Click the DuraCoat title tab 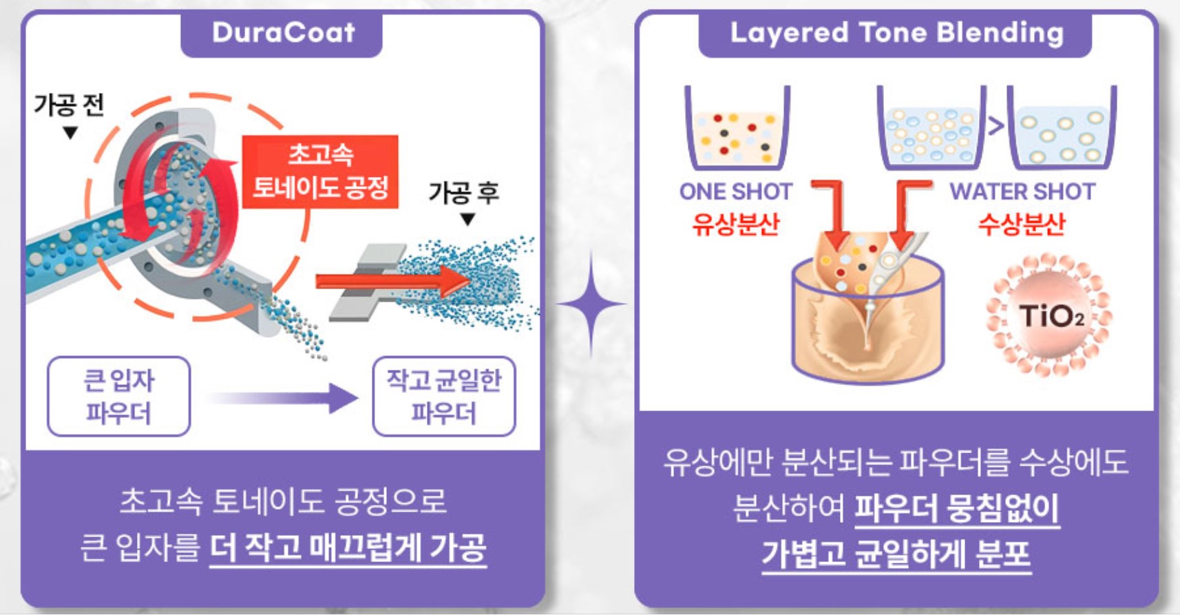click(x=282, y=33)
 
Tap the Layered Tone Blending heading click(x=896, y=33)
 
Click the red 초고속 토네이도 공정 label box click(x=319, y=171)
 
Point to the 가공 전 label click(x=69, y=105)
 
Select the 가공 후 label click(x=463, y=192)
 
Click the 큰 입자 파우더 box click(x=119, y=396)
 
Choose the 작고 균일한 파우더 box click(x=444, y=396)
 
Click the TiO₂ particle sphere click(x=1049, y=315)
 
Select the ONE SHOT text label click(x=736, y=192)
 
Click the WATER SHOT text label click(x=1022, y=192)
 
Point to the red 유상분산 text click(x=736, y=225)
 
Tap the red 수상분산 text click(x=1022, y=225)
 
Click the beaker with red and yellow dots click(x=737, y=127)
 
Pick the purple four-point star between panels click(x=591, y=304)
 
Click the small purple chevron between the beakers click(x=995, y=127)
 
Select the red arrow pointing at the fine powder click(x=392, y=282)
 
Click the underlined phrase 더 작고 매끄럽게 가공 click(x=348, y=549)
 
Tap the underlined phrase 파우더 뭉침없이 click(x=957, y=508)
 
